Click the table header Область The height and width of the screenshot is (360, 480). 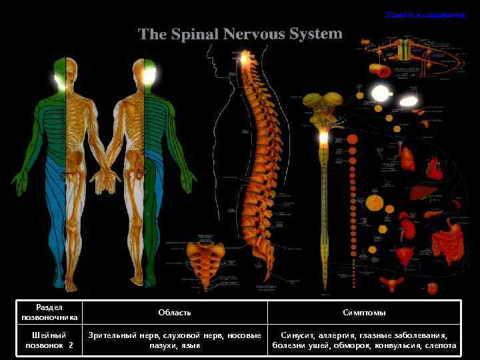click(x=175, y=313)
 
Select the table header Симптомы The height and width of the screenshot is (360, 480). click(x=364, y=313)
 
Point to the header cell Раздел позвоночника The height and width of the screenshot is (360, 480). click(x=49, y=313)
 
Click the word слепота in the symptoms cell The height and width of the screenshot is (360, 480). click(x=440, y=346)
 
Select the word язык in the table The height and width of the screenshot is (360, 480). click(x=191, y=346)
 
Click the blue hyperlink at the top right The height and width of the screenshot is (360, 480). click(x=425, y=14)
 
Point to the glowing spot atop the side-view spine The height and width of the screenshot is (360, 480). click(x=245, y=60)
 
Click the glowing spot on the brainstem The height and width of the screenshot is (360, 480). click(x=324, y=137)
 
